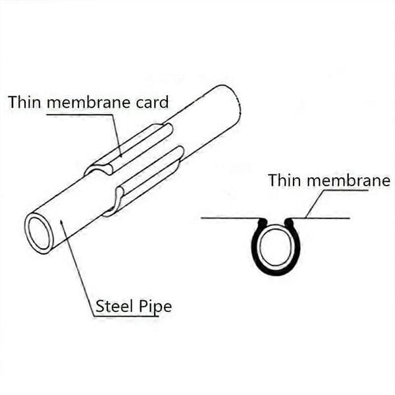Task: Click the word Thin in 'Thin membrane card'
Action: tap(24, 102)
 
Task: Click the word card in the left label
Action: tap(152, 102)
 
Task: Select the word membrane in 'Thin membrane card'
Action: tap(88, 102)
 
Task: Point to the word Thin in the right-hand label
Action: tap(284, 180)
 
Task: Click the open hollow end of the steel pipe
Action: tap(39, 233)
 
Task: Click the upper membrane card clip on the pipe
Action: tap(128, 149)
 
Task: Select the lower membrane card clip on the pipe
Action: tap(144, 182)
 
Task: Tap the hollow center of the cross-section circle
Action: tap(276, 246)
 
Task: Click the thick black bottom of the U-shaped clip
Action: tap(276, 271)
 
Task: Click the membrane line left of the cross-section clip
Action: tap(230, 218)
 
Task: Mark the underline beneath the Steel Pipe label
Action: tap(126, 316)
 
